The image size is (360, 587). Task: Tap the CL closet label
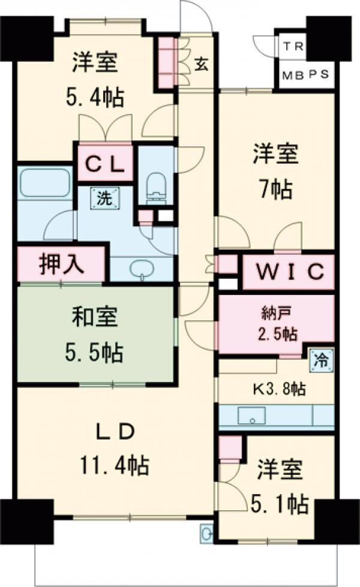[x=104, y=163]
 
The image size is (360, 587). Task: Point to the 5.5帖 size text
[x=96, y=353]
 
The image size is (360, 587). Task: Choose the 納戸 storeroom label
[x=275, y=314]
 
